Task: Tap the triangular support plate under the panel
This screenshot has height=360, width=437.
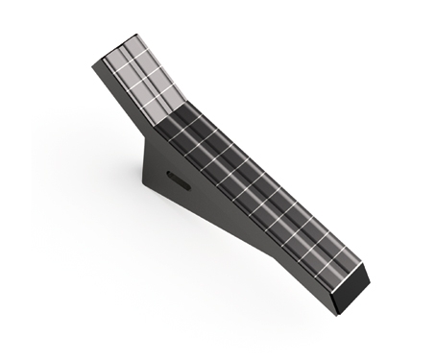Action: (x=178, y=187)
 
